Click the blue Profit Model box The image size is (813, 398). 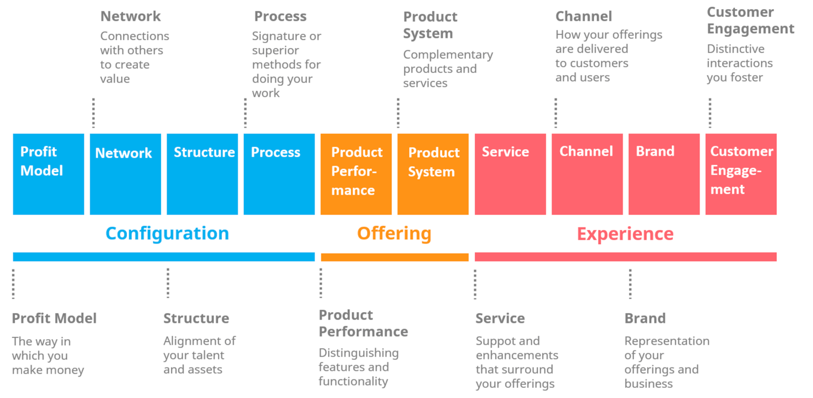pyautogui.click(x=49, y=174)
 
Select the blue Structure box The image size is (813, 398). pyautogui.click(x=203, y=174)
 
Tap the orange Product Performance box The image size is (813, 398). pyautogui.click(x=356, y=174)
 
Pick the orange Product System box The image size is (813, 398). pyautogui.click(x=433, y=174)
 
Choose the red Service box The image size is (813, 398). pyautogui.click(x=510, y=174)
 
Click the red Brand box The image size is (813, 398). pyautogui.click(x=664, y=174)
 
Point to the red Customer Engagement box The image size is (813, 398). pyautogui.click(x=741, y=174)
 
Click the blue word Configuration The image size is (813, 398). pyautogui.click(x=167, y=233)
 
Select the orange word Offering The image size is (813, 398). pyautogui.click(x=395, y=233)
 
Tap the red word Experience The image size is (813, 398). pyautogui.click(x=626, y=234)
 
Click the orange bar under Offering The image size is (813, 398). pyautogui.click(x=395, y=257)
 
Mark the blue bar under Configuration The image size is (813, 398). pyautogui.click(x=164, y=257)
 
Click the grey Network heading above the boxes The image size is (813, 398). pyautogui.click(x=130, y=16)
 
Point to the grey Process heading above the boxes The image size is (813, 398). pyautogui.click(x=280, y=16)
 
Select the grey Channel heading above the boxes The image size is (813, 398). pyautogui.click(x=584, y=16)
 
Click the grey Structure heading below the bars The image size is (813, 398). pyautogui.click(x=196, y=318)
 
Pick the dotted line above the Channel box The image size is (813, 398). pyautogui.click(x=556, y=113)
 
